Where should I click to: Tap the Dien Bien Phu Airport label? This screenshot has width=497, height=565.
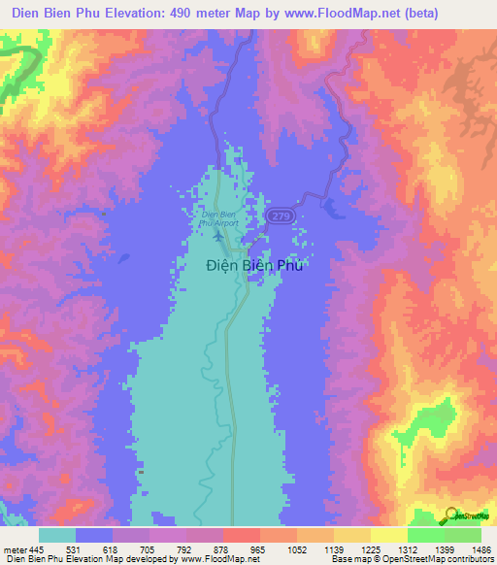[x=217, y=217]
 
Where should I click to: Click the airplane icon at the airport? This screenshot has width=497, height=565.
[x=217, y=235]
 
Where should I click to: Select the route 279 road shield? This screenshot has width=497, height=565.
[x=281, y=215]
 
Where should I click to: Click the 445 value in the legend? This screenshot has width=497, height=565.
[x=35, y=549]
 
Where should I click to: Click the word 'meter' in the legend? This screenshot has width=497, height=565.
[x=13, y=549]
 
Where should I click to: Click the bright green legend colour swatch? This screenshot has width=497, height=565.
[x=425, y=535]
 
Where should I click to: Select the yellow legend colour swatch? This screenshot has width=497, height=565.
[x=388, y=535]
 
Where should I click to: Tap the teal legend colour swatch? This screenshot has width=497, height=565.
[x=57, y=535]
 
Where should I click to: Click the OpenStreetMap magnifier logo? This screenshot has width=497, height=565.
[x=450, y=515]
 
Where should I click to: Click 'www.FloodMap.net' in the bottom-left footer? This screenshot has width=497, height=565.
[x=217, y=559]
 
